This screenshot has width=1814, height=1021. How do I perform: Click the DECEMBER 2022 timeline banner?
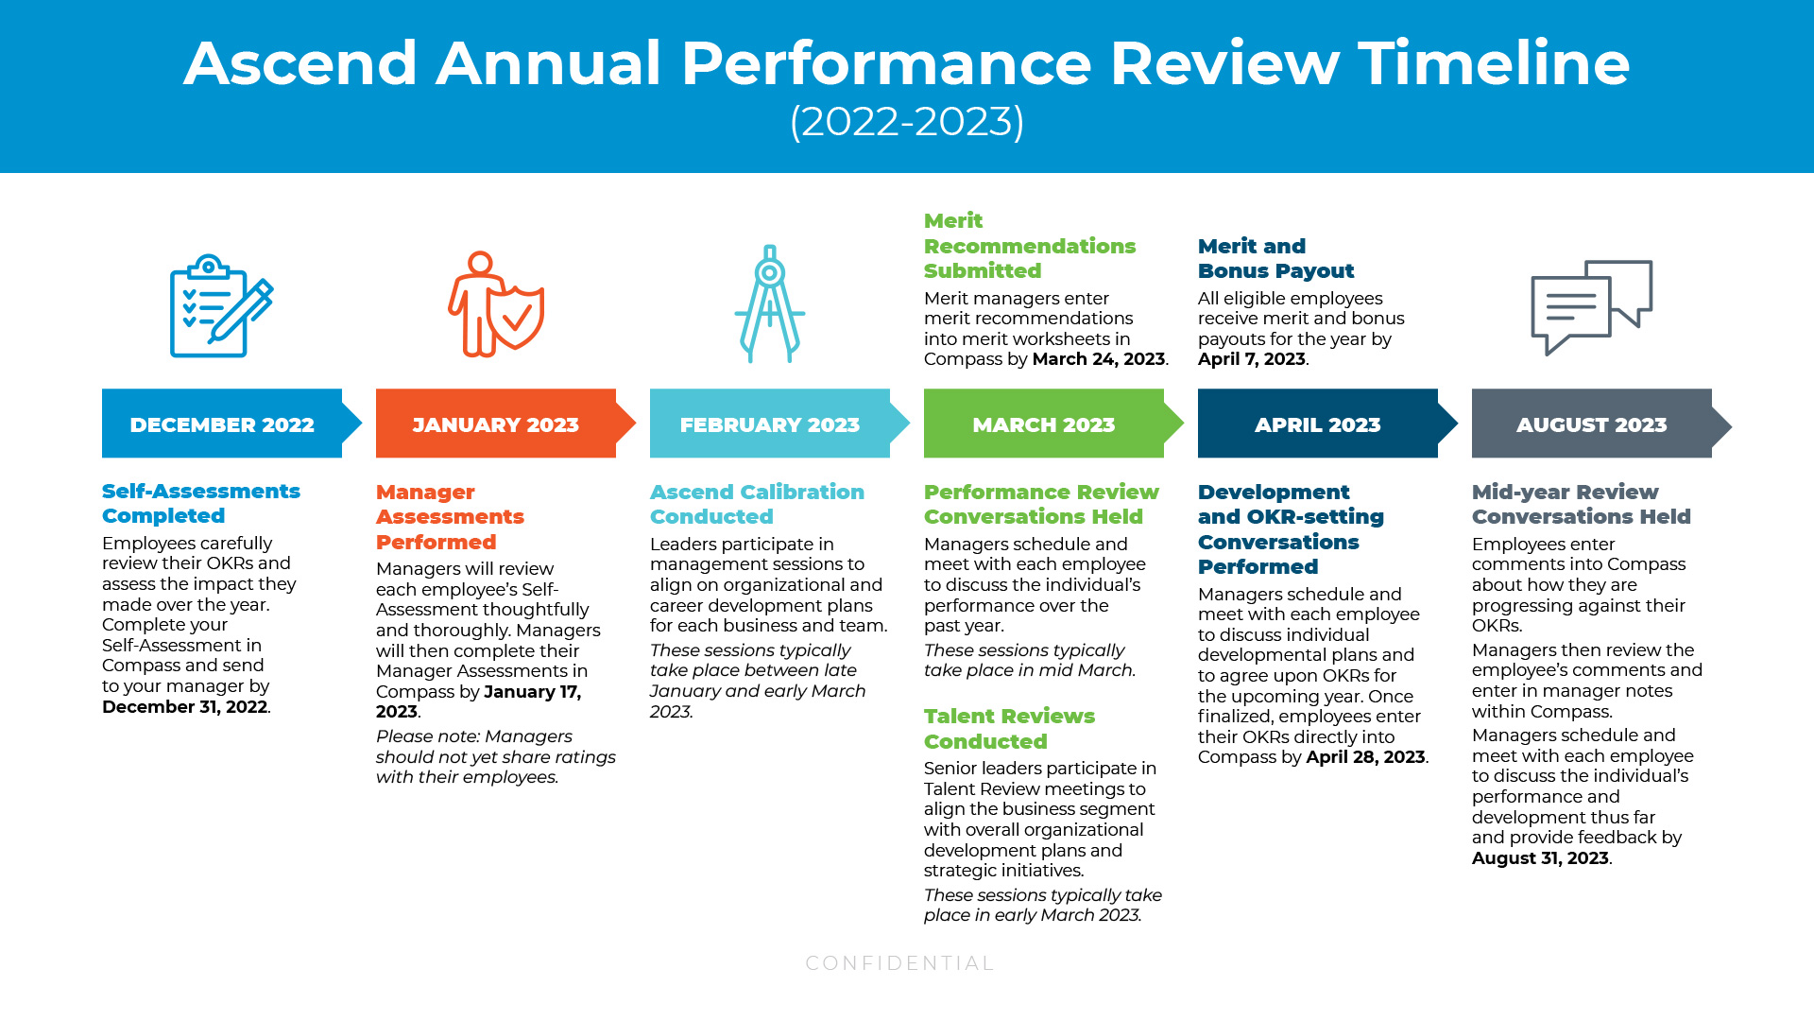point(222,424)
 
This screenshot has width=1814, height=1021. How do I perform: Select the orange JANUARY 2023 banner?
point(496,424)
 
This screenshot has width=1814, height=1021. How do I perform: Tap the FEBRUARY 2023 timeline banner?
point(770,424)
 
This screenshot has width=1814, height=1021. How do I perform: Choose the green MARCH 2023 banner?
point(1044,424)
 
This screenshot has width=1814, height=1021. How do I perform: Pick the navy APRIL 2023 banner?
point(1318,424)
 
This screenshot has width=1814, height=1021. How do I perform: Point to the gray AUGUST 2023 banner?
point(1592,424)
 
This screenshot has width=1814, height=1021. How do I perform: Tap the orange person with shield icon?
point(495,304)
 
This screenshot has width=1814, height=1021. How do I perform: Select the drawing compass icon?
point(770,304)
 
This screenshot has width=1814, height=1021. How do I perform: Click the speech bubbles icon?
point(1591,306)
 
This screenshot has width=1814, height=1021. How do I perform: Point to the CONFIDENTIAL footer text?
point(899,963)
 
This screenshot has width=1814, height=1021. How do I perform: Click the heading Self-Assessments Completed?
point(200,503)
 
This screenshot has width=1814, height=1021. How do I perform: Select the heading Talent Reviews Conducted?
point(1009,729)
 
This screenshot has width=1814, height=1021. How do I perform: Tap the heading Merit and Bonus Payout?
point(1275,258)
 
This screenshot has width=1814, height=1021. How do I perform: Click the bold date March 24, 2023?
point(1098,359)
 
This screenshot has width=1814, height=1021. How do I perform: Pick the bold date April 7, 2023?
point(1251,359)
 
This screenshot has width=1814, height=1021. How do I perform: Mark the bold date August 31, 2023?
point(1540,858)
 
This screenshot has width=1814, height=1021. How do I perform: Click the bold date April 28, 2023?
point(1365,757)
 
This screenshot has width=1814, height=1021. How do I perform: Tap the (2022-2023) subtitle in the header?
point(907,121)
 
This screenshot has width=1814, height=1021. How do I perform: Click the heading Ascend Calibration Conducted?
point(757,504)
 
